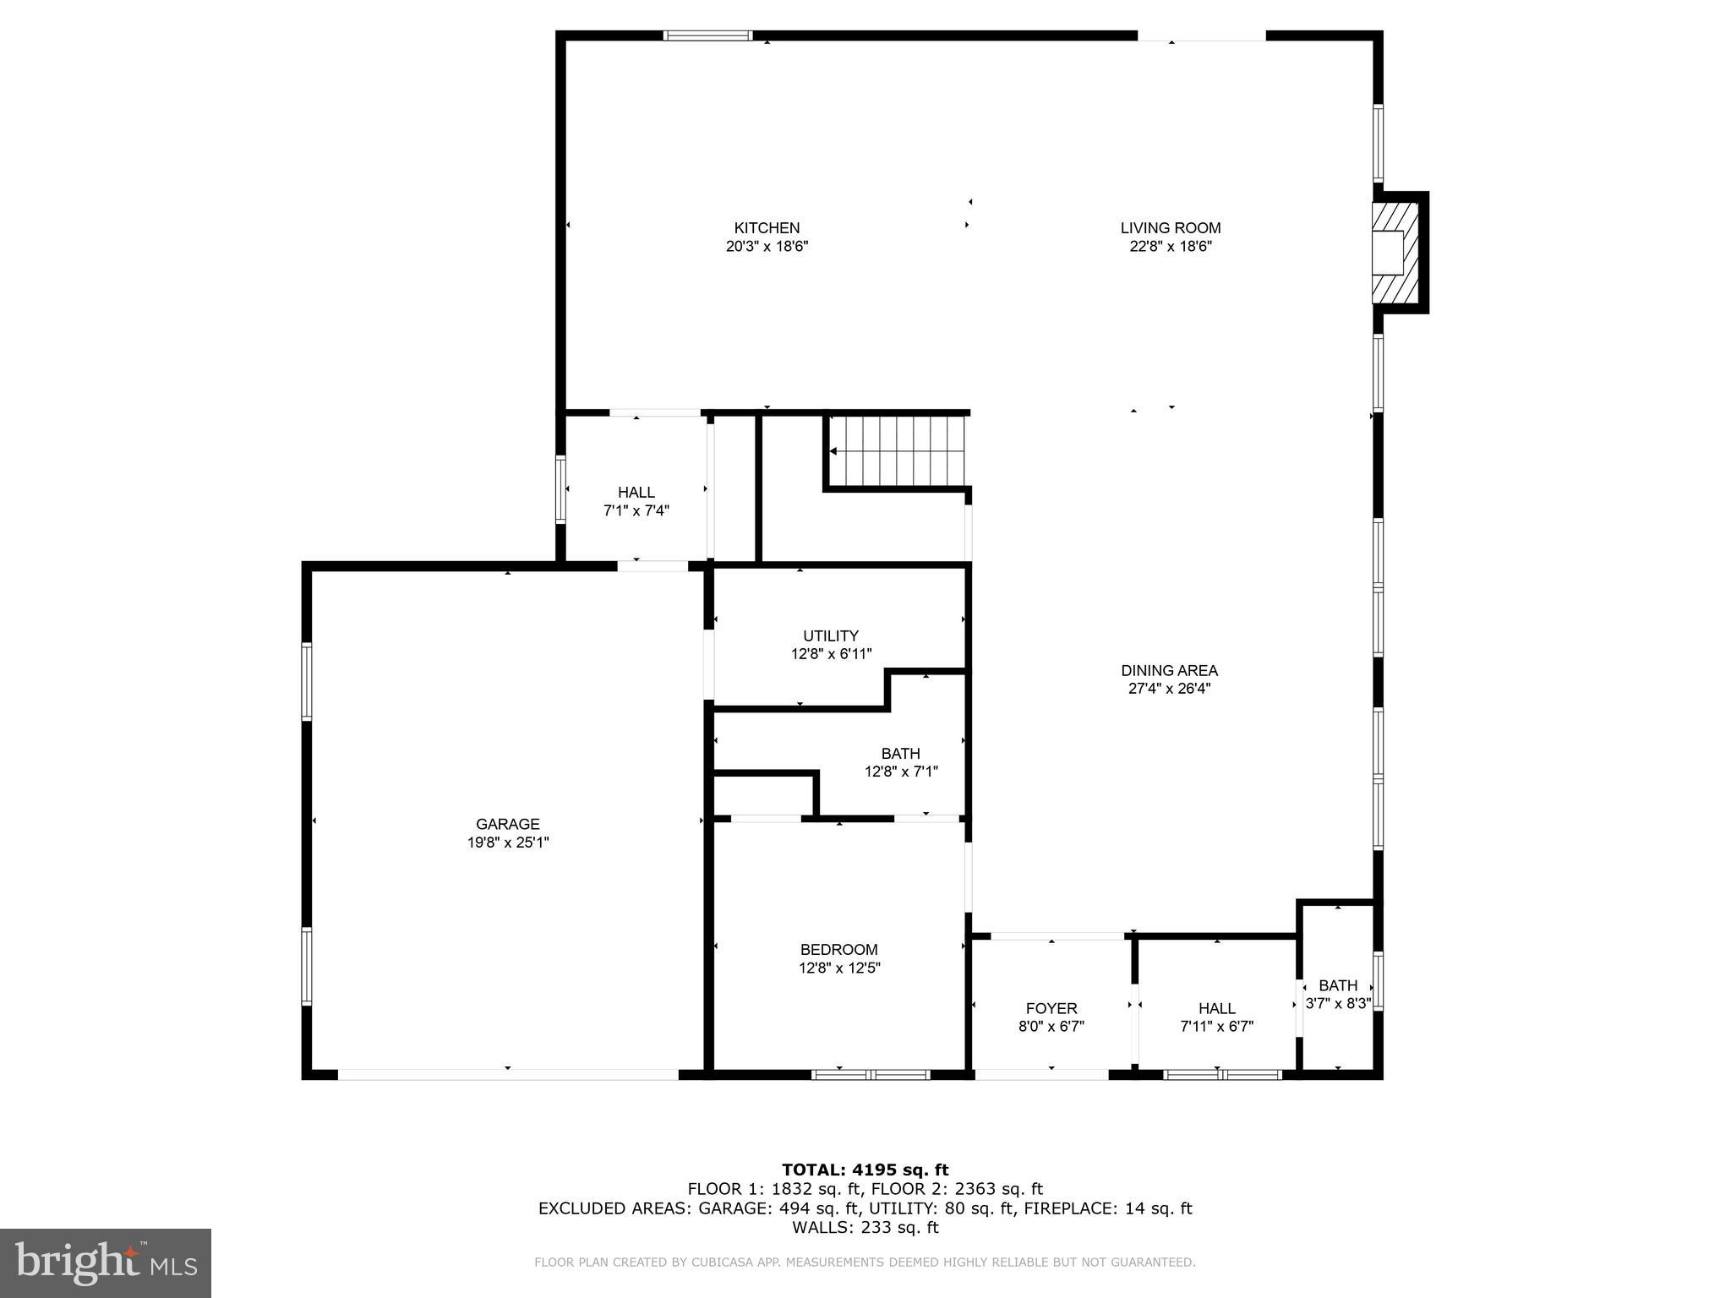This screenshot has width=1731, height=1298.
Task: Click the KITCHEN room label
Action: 767,228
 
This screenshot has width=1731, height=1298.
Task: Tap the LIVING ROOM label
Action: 1170,228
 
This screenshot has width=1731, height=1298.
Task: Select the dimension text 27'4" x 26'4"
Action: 1169,689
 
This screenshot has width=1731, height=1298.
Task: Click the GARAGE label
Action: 507,824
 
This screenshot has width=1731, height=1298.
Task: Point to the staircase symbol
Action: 896,451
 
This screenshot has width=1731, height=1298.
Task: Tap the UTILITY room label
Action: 830,635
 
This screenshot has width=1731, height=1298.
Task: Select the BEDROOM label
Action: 838,949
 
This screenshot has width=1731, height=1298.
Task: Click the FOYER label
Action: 1051,1008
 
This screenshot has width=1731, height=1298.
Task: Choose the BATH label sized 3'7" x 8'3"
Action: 1337,985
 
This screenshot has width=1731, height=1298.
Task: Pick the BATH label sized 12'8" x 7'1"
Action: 900,753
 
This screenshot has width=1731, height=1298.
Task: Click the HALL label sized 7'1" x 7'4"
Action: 636,492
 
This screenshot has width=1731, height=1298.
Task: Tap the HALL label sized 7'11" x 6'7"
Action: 1216,1008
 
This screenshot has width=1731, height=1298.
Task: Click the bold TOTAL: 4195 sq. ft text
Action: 865,1170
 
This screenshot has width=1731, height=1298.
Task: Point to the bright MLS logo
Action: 106,1263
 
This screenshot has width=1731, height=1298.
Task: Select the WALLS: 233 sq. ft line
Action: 865,1227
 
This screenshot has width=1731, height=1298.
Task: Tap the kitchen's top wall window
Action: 707,35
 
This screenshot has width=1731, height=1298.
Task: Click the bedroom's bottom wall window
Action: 871,1075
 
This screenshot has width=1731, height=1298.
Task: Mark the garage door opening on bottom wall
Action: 507,1075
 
